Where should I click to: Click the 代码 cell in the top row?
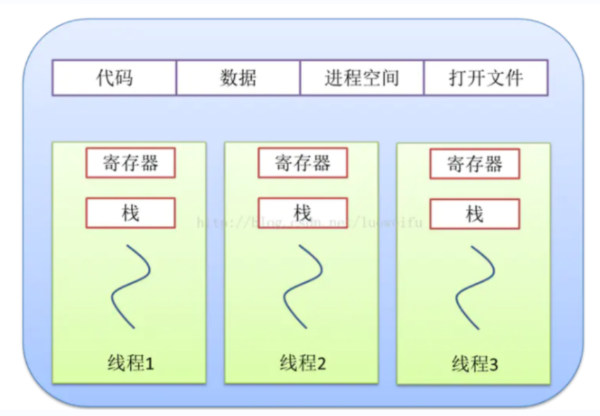pyautogui.click(x=114, y=78)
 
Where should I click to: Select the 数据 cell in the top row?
pyautogui.click(x=238, y=78)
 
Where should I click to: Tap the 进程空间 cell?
pyautogui.click(x=362, y=78)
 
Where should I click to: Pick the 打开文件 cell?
pyautogui.click(x=486, y=78)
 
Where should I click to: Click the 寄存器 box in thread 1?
pyautogui.click(x=130, y=163)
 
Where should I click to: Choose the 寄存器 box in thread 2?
pyautogui.click(x=303, y=163)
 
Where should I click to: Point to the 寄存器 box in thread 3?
pyautogui.click(x=475, y=165)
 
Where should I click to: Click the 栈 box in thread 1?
pyautogui.click(x=130, y=213)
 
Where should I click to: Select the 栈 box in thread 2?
pyautogui.click(x=303, y=213)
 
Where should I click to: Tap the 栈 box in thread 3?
pyautogui.click(x=475, y=214)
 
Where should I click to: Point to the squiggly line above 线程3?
pyautogui.click(x=475, y=286)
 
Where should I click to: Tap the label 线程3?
pyautogui.click(x=475, y=365)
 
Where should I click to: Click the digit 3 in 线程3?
pyautogui.click(x=493, y=365)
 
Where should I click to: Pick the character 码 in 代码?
pyautogui.click(x=123, y=78)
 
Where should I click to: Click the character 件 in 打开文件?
pyautogui.click(x=514, y=78)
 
